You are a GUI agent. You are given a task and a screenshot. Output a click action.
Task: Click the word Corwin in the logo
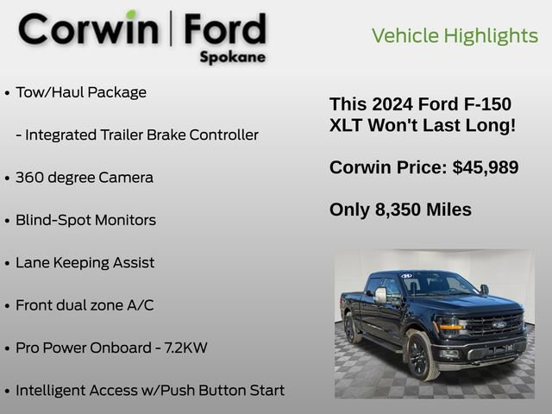point(89,29)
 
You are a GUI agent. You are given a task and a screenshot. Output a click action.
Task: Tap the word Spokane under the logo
point(232,58)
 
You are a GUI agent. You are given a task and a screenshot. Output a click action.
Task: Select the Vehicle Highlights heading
point(455,35)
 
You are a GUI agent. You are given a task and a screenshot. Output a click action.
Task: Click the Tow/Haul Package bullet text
point(81,92)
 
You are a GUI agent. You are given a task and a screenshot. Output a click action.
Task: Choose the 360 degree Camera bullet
point(84,178)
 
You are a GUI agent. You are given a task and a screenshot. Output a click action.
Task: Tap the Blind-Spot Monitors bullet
point(85,220)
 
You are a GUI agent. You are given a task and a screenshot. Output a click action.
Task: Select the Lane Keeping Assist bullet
point(85,262)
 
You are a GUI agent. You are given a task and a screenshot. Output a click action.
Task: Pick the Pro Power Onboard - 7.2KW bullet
point(111,348)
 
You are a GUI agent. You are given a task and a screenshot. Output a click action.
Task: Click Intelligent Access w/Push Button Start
point(149,391)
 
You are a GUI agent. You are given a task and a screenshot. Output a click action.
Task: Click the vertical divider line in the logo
point(170,29)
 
